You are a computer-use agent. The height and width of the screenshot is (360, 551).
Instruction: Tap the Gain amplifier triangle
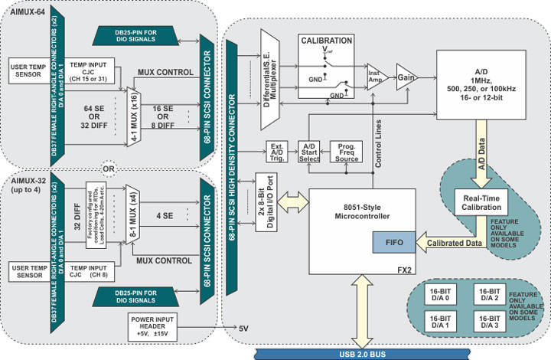click(405, 77)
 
